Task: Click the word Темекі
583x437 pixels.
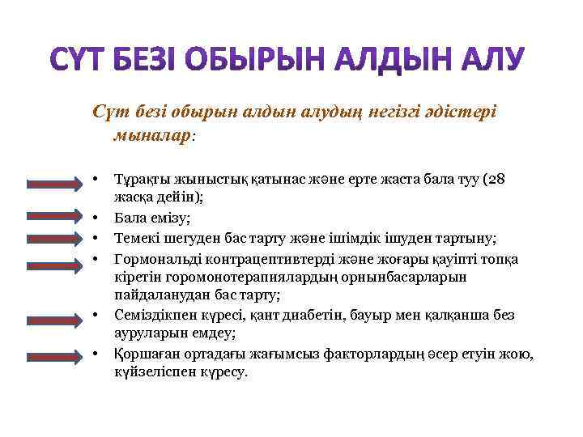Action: coord(138,238)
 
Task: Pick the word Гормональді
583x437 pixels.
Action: coord(155,258)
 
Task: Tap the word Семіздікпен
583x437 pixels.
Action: coord(155,316)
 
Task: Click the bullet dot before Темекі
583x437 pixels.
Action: coord(95,238)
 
